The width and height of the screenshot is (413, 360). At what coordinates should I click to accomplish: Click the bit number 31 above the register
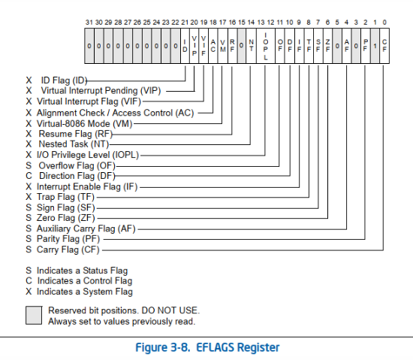click(x=89, y=23)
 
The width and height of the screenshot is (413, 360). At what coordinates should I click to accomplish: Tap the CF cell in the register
click(x=384, y=46)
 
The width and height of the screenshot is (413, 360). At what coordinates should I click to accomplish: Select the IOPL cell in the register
click(x=266, y=46)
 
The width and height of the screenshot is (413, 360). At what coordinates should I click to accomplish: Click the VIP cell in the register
click(x=194, y=46)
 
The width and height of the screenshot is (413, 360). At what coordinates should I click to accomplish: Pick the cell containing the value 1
click(x=375, y=46)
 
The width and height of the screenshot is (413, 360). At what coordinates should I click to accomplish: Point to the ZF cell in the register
click(x=327, y=46)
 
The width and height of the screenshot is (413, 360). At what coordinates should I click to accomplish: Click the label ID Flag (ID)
click(x=64, y=80)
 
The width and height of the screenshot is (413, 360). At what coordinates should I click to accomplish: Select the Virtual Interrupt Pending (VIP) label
click(x=101, y=91)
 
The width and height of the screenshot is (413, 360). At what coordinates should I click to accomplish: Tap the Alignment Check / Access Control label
click(x=115, y=113)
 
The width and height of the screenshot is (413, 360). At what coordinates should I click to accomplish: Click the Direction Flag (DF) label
click(x=77, y=176)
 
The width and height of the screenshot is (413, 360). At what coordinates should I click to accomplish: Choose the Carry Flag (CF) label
click(x=68, y=250)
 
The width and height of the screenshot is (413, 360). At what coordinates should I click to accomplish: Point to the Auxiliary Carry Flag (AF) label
click(x=86, y=228)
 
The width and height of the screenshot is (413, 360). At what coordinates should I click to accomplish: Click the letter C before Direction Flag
click(x=29, y=176)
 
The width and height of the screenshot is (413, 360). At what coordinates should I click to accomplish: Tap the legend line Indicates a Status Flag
click(x=82, y=271)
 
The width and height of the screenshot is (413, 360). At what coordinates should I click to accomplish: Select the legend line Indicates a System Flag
click(x=85, y=292)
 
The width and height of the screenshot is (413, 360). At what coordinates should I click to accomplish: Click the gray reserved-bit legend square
click(x=34, y=315)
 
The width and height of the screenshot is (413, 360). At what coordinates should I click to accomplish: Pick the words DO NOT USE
click(x=170, y=310)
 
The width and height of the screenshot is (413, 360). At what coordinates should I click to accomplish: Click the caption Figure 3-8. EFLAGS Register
click(x=207, y=347)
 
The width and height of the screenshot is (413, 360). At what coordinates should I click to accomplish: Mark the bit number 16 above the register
click(x=232, y=23)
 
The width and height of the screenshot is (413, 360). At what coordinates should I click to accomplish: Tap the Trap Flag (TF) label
click(x=65, y=197)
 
